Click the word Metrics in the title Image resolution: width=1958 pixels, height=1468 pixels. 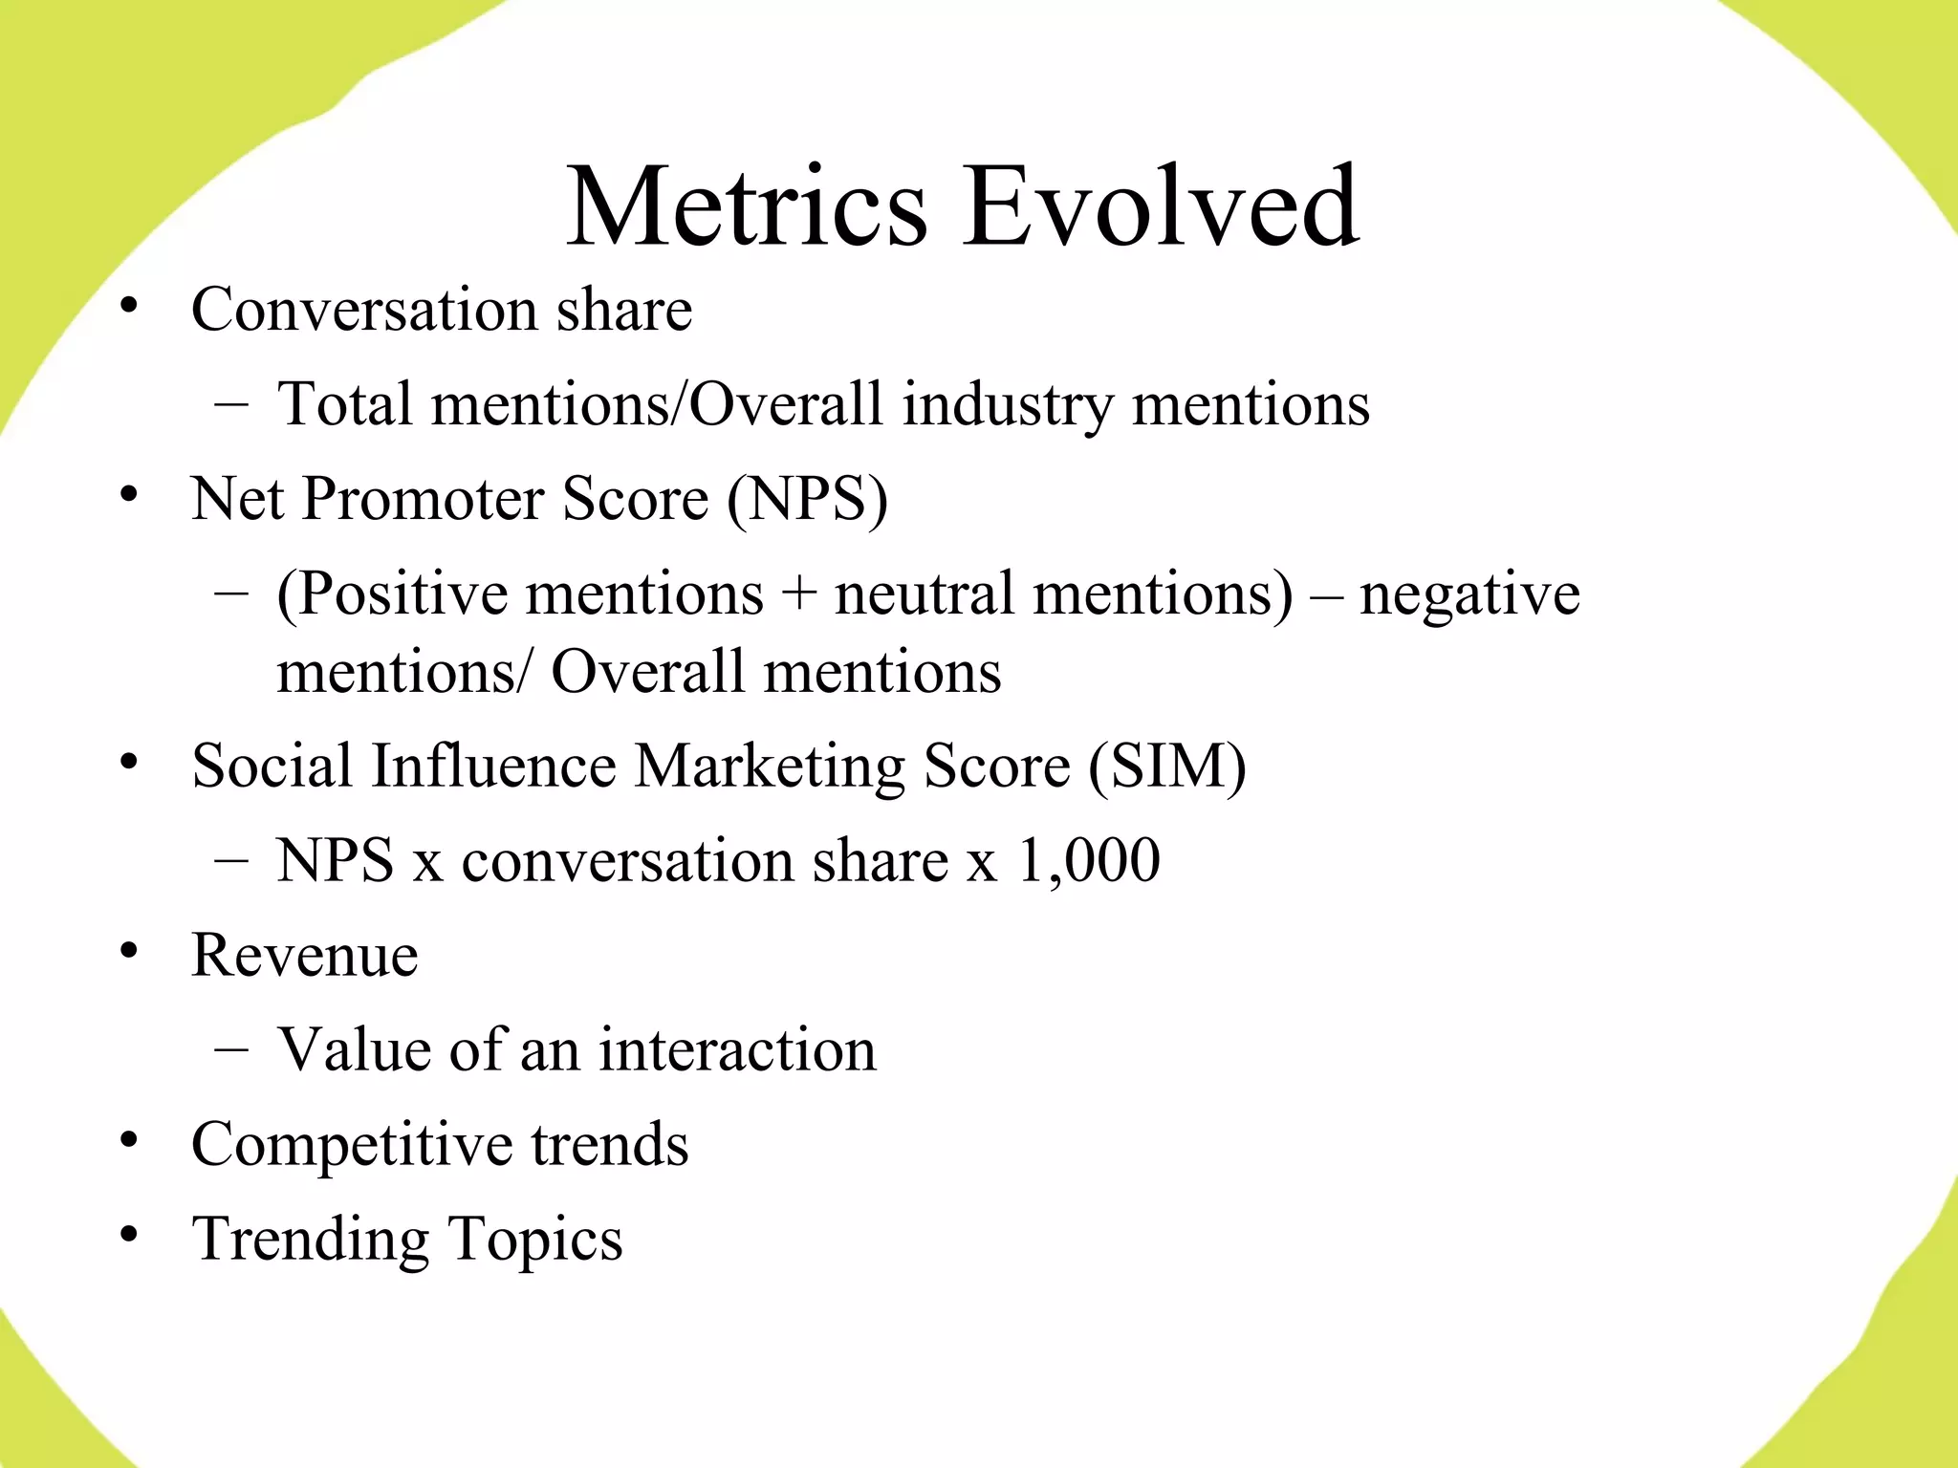(x=747, y=206)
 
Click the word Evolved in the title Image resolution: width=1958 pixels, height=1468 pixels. (x=1161, y=206)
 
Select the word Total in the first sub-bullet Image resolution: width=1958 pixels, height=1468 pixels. (x=344, y=403)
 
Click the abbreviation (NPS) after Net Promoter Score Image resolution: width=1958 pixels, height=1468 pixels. (x=807, y=499)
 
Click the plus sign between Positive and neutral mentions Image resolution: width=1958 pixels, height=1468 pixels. (x=798, y=594)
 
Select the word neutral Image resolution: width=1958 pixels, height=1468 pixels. (x=924, y=594)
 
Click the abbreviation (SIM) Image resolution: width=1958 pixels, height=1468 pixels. (x=1167, y=766)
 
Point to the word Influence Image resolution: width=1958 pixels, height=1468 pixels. (x=493, y=766)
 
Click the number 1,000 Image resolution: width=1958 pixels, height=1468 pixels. (x=1089, y=860)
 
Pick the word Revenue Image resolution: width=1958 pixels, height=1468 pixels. (x=305, y=955)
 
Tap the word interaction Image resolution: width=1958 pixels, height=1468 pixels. (x=737, y=1049)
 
